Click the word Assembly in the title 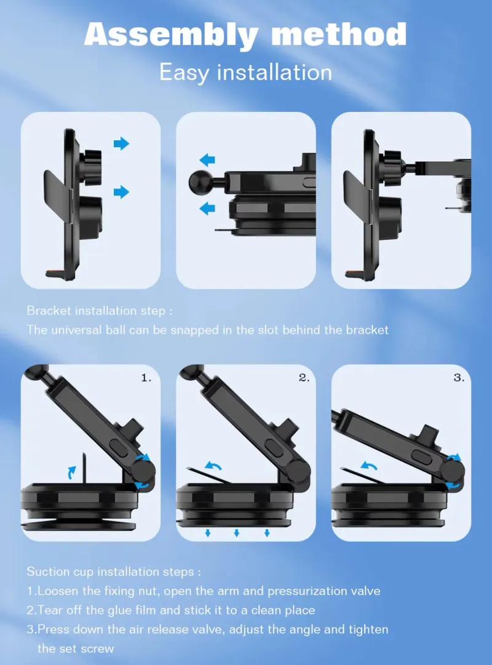[171, 34]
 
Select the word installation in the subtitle [274, 72]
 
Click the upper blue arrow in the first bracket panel [121, 144]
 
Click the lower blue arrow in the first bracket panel [121, 192]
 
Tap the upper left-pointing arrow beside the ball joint [207, 160]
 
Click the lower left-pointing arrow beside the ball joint [207, 209]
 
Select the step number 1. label [146, 378]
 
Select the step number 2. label [304, 378]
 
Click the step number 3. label [459, 378]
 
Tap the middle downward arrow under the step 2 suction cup [237, 533]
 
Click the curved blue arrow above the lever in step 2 [213, 466]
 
